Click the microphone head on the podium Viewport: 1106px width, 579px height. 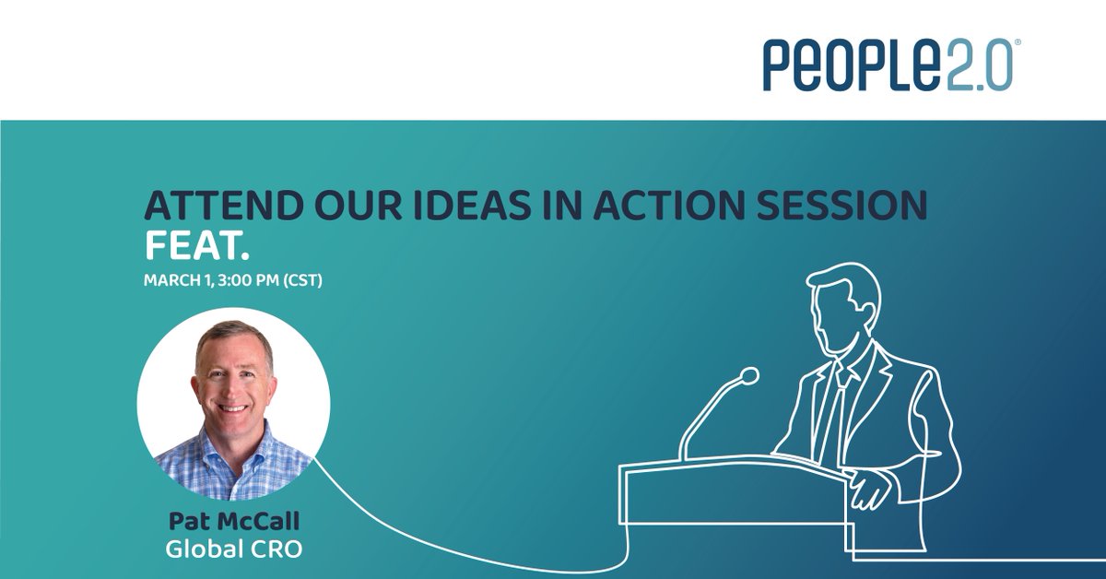click(748, 375)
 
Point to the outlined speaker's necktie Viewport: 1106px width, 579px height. click(835, 406)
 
